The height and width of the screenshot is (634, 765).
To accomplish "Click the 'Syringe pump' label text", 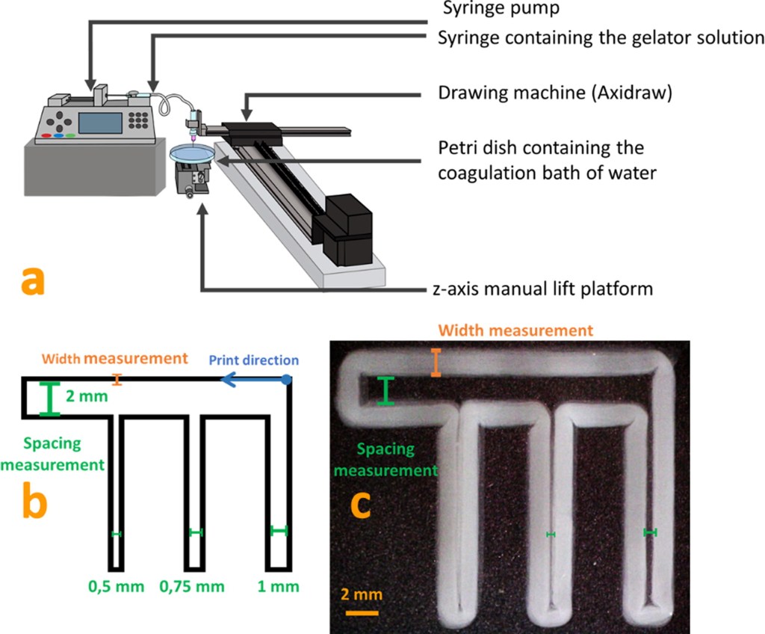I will pyautogui.click(x=500, y=9).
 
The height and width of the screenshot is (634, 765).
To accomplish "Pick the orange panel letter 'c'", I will pyautogui.click(x=362, y=505).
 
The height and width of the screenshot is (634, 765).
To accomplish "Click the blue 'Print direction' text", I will pyautogui.click(x=253, y=360).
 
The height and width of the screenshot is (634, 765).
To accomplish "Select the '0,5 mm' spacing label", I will pyautogui.click(x=116, y=587).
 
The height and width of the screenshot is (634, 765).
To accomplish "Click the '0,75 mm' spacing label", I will pyautogui.click(x=192, y=587).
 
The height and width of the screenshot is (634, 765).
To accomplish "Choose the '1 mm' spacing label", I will pyautogui.click(x=279, y=587).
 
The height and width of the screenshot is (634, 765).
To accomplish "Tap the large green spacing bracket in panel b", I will pyautogui.click(x=49, y=398).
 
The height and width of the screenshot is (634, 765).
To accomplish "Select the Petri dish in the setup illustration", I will pyautogui.click(x=192, y=153).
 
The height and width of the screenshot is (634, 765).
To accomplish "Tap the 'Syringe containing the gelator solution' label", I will pyautogui.click(x=601, y=38).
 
